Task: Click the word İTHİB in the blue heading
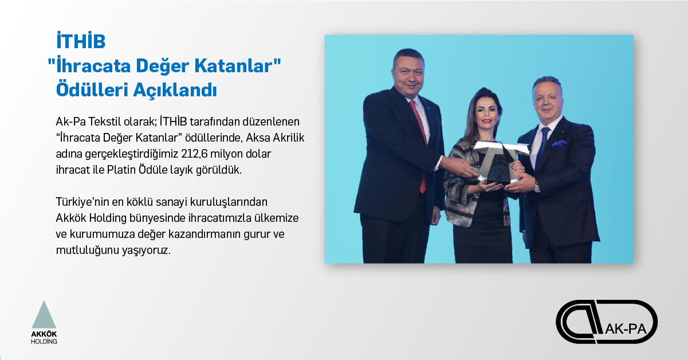(81, 41)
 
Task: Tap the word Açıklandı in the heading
(175, 90)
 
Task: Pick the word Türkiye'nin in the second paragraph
(82, 202)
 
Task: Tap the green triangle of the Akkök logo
(44, 315)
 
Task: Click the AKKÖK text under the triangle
(44, 334)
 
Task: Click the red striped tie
(419, 142)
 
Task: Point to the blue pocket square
(559, 143)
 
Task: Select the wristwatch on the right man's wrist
(537, 186)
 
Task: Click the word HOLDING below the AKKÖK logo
(44, 342)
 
